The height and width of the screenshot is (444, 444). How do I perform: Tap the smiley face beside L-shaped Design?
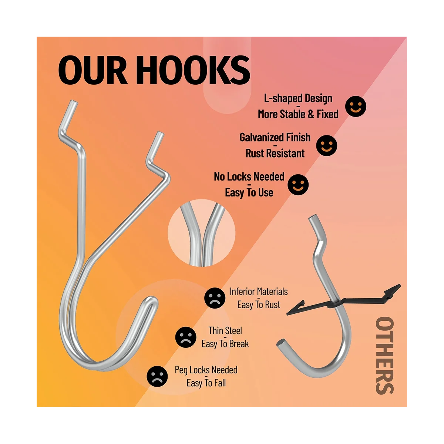pyautogui.click(x=356, y=106)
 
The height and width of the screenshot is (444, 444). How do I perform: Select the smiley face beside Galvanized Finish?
pyautogui.click(x=327, y=145)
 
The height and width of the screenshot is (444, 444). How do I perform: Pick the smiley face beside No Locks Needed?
pyautogui.click(x=298, y=184)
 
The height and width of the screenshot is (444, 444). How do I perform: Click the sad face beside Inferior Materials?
pyautogui.click(x=215, y=298)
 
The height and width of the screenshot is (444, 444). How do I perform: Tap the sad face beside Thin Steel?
pyautogui.click(x=186, y=337)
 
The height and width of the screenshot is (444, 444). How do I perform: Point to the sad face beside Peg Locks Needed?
pyautogui.click(x=157, y=376)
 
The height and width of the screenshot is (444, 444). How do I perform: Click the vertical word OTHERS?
pyautogui.click(x=384, y=355)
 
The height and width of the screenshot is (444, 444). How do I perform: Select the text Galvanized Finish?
pyautogui.click(x=275, y=138)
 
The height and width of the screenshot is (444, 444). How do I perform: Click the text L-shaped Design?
pyautogui.click(x=298, y=98)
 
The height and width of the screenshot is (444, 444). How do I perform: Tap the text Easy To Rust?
pyautogui.click(x=259, y=305)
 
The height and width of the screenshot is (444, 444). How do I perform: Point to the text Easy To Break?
pyautogui.click(x=225, y=344)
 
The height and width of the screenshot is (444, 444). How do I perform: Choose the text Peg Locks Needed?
pyautogui.click(x=206, y=370)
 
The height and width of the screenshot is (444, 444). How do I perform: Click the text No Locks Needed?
pyautogui.click(x=249, y=176)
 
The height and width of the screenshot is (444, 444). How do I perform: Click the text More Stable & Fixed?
pyautogui.click(x=298, y=114)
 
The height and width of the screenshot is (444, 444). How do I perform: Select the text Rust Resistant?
pyautogui.click(x=275, y=153)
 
